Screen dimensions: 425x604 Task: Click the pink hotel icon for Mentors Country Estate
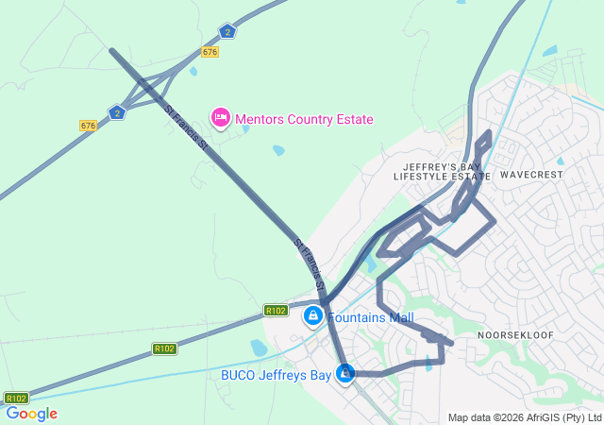tap(220, 118)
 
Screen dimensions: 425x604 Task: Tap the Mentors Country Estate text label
tap(304, 119)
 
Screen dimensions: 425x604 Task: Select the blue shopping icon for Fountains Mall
tap(312, 317)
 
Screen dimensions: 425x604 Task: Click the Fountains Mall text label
tap(371, 318)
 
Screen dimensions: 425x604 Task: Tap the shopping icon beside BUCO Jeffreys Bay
tap(346, 375)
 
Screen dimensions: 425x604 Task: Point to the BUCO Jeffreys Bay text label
tap(276, 375)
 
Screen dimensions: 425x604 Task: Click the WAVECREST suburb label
tap(531, 175)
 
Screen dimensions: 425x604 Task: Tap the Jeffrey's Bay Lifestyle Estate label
tap(442, 171)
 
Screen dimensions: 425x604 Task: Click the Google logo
tap(31, 414)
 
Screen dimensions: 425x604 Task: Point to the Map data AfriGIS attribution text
tap(525, 417)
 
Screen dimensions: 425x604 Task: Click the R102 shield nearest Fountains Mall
tap(276, 310)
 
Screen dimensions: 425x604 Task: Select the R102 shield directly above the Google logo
tap(16, 398)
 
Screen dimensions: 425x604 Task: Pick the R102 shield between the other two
tap(164, 348)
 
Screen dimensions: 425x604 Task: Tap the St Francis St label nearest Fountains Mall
tap(310, 264)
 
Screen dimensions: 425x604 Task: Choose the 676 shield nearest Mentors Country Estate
tap(210, 52)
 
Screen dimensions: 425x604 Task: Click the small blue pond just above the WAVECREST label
tap(561, 161)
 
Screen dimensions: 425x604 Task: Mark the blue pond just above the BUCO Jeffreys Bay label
tap(259, 348)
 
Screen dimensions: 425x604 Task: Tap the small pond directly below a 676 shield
tap(193, 71)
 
